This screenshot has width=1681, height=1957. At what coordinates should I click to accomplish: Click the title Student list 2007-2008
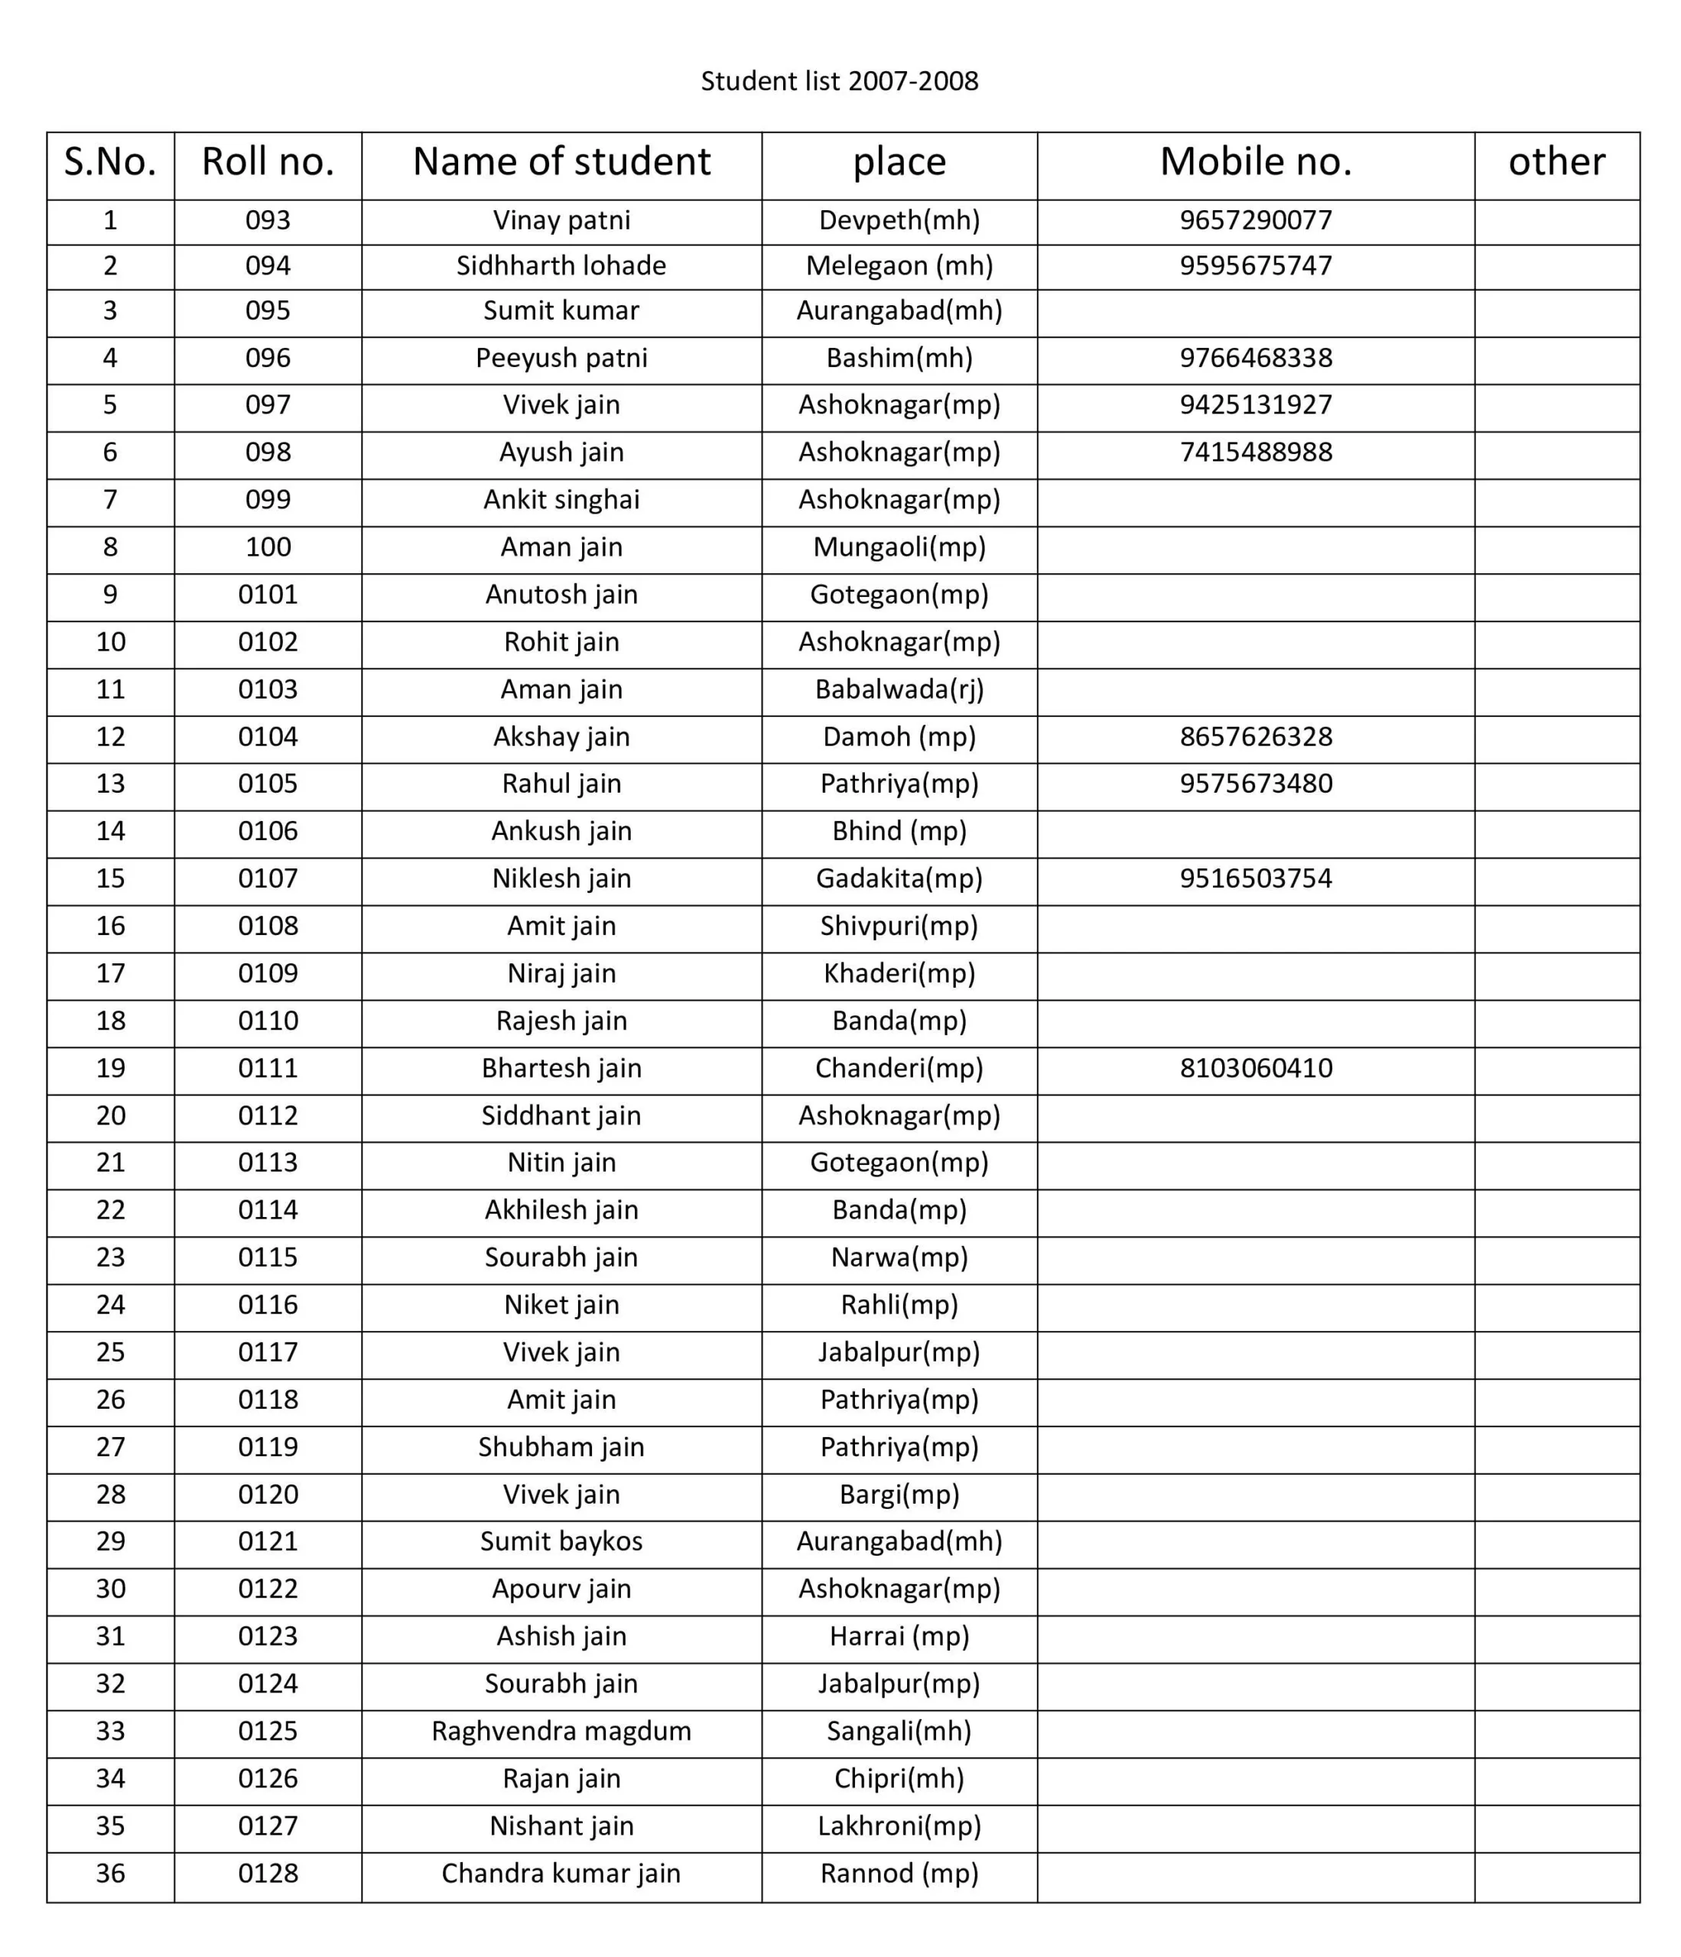click(x=839, y=81)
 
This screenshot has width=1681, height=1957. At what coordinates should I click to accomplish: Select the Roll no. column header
click(x=268, y=163)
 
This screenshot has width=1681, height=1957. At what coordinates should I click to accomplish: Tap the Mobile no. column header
click(x=1255, y=163)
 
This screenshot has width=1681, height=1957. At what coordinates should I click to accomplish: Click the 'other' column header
click(x=1556, y=163)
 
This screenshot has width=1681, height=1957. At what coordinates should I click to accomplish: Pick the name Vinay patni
click(x=561, y=221)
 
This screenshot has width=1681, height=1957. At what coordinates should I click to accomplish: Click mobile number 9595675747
click(x=1255, y=266)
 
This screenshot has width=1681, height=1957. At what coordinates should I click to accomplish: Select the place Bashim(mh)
click(x=899, y=359)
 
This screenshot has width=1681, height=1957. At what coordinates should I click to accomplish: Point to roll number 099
click(x=268, y=501)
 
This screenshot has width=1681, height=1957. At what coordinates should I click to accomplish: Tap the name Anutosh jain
click(x=561, y=595)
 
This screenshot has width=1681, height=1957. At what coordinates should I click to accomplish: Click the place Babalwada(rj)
click(x=899, y=690)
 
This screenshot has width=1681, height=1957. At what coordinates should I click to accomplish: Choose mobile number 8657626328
click(x=1255, y=738)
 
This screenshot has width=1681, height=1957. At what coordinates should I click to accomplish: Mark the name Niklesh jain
click(x=561, y=879)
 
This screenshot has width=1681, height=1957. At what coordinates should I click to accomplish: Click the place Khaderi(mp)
click(x=899, y=974)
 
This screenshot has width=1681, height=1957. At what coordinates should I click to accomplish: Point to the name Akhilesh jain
click(x=561, y=1211)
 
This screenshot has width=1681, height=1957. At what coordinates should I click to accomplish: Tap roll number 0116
click(x=268, y=1305)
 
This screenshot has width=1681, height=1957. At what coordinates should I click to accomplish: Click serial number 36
click(x=111, y=1874)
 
